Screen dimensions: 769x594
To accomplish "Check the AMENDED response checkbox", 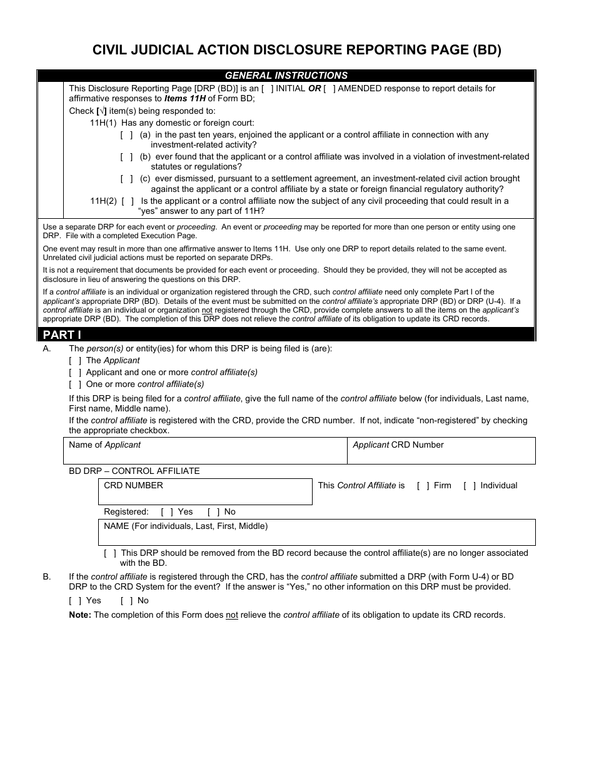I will [330, 89].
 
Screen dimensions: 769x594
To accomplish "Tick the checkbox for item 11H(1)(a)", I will [126, 135].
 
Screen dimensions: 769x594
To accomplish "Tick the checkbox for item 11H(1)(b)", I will [126, 157].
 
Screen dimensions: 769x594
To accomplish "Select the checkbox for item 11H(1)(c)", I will [126, 179].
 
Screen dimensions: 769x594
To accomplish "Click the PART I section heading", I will [63, 334].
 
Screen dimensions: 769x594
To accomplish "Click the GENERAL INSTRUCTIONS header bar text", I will [286, 76].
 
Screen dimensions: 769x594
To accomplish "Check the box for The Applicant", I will [75, 361].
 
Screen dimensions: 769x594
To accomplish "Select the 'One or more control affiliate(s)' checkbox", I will [75, 384].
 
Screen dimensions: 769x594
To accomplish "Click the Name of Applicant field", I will [205, 455].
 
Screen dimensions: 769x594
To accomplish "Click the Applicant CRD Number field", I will [441, 455].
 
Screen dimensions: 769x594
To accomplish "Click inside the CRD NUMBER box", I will [205, 495].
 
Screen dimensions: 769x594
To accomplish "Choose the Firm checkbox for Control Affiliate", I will [423, 486].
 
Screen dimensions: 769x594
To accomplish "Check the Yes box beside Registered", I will [167, 512].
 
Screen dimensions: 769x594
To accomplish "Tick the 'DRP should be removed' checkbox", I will [110, 553].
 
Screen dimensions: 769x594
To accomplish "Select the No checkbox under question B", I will [126, 601].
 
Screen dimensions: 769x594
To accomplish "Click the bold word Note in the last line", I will [79, 615].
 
